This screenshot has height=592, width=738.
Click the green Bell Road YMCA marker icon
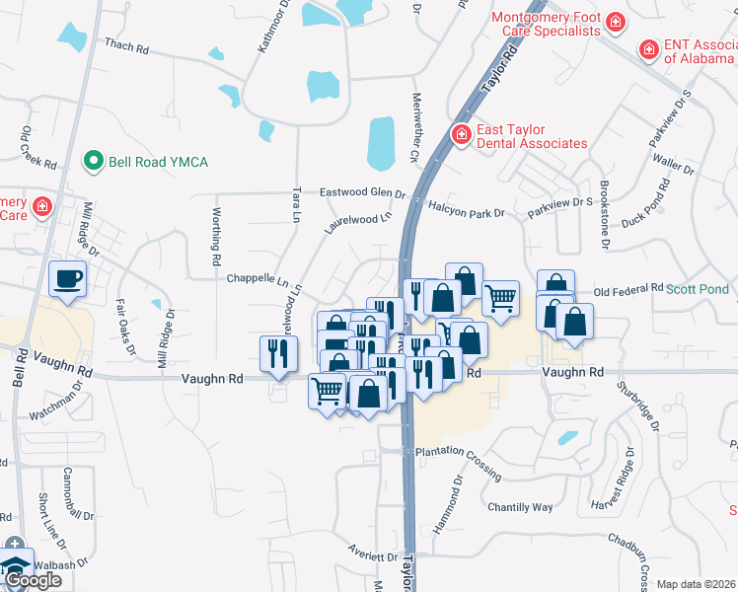[x=94, y=160]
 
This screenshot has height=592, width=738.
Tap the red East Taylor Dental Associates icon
[x=460, y=134]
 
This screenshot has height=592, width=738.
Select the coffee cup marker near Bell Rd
[x=67, y=278]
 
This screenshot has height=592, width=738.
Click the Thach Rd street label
[x=125, y=45]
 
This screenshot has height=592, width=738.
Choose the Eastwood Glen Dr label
[x=362, y=193]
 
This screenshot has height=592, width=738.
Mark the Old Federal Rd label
[x=628, y=289]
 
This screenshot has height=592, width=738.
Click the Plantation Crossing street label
[x=459, y=452]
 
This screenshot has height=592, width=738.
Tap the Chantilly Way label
[x=520, y=507]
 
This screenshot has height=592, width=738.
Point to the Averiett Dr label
[x=370, y=556]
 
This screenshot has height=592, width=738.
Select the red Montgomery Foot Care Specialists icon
[x=615, y=22]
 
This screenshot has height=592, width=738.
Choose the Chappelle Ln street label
[x=258, y=279]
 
